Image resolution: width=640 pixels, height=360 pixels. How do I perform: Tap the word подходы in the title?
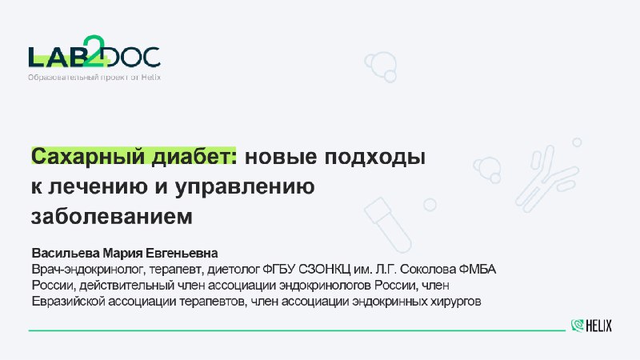pos(375,157)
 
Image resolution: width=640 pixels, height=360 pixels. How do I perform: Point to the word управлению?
pos(245,187)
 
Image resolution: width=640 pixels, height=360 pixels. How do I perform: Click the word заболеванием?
pos(112,216)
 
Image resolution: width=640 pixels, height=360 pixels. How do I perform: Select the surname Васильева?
pos(66,253)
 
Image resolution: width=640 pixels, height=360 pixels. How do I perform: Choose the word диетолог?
pos(233,270)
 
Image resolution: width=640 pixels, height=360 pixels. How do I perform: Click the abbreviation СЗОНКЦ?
pos(325,270)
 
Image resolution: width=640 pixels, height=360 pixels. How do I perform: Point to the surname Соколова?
pos(428,270)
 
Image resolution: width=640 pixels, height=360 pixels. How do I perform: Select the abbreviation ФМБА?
pos(478,270)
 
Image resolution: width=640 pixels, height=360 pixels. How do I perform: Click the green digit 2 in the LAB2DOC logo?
pos(94,50)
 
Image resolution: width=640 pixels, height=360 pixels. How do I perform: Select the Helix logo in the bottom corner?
pos(591,326)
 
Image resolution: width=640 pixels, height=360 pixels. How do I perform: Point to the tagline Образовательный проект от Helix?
pos(94,77)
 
